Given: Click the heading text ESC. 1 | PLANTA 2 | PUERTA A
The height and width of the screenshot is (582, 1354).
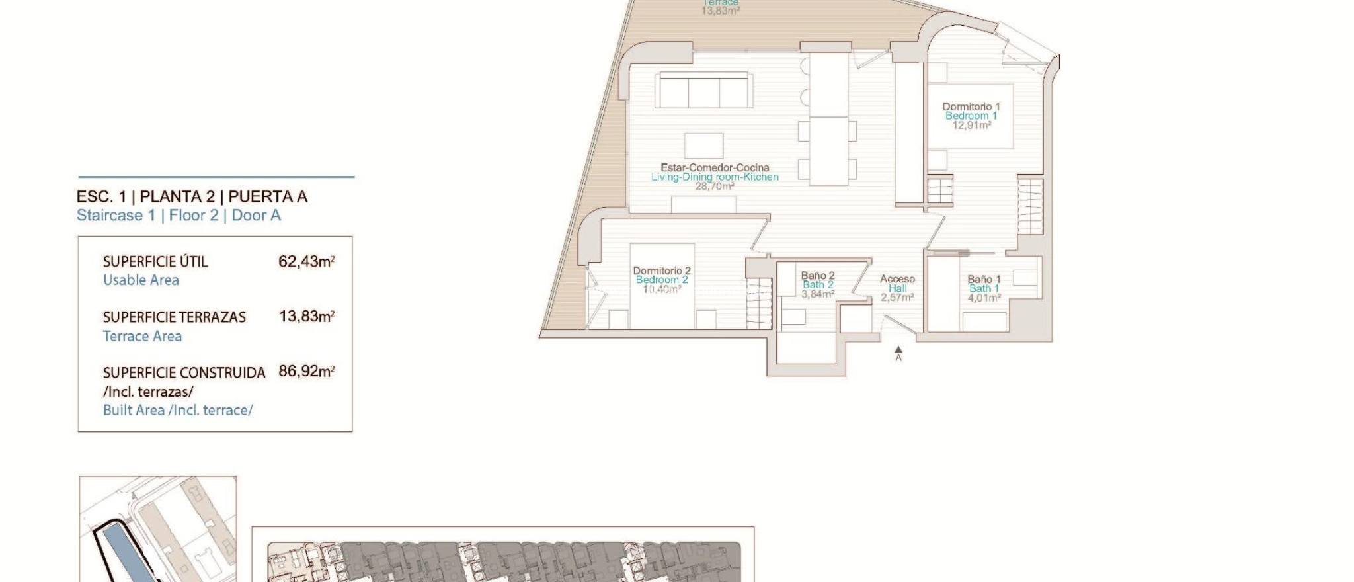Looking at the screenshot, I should pos(192,196).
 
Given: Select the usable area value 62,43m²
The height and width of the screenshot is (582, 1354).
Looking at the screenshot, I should pos(306,261).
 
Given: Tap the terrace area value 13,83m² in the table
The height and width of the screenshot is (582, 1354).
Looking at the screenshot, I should pos(306,316).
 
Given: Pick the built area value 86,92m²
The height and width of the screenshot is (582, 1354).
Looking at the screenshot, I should pos(306,371).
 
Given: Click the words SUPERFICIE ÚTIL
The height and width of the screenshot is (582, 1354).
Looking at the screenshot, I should pos(155,261).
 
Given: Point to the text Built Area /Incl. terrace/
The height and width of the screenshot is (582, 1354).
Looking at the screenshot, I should pos(178,410).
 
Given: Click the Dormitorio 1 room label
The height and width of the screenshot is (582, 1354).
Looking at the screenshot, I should pos(971,106).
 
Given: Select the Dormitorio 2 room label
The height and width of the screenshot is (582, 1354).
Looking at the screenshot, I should pos(661,270).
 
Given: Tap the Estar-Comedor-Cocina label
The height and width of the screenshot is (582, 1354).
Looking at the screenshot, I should pos(715,168).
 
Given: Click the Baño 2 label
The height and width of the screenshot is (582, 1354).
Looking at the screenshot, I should pos(818,276).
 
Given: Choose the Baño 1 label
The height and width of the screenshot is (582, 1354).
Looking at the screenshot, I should pos(984,280).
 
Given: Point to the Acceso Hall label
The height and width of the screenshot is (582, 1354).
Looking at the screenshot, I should pos(897,284).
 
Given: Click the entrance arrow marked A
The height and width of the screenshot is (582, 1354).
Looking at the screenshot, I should pos(898,351).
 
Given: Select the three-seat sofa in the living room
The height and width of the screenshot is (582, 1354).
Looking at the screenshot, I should pos(703,91).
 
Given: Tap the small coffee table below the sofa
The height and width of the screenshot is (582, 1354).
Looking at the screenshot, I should pos(703,145).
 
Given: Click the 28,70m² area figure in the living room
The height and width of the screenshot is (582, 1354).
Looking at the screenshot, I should pos(715,187).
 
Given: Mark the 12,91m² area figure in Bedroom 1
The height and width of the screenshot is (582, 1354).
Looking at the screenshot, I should pos(971,125).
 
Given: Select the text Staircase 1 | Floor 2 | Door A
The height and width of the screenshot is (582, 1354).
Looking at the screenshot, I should pos(179,215).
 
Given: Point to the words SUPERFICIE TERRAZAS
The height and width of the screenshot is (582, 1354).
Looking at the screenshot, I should pos(174,317).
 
